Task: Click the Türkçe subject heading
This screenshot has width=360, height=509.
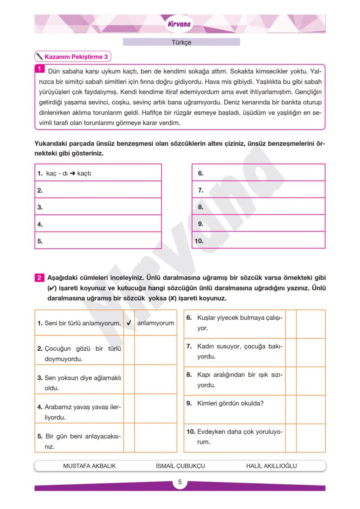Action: tap(181, 42)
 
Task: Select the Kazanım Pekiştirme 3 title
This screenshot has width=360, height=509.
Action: tap(77, 57)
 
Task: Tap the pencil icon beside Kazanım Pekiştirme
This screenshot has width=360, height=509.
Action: tap(40, 57)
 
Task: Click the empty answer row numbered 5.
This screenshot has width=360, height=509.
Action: tap(98, 241)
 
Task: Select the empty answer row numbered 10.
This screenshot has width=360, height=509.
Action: tap(258, 241)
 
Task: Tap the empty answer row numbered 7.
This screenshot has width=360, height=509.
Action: tap(258, 190)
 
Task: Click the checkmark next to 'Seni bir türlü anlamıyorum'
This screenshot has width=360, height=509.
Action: tap(129, 323)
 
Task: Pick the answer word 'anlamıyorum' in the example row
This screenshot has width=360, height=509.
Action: tap(155, 323)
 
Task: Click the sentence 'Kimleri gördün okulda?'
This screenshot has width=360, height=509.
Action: tap(230, 403)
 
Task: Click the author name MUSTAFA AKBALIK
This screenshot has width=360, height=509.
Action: tap(90, 466)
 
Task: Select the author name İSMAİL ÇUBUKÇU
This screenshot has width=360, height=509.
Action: tap(180, 466)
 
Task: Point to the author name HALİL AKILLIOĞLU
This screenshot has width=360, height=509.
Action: tap(271, 466)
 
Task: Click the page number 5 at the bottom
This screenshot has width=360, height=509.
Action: tap(180, 482)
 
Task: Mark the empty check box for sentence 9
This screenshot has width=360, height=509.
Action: tap(290, 409)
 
